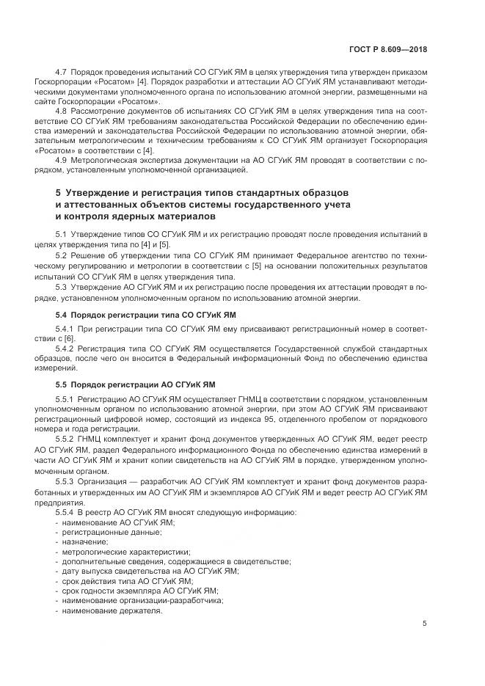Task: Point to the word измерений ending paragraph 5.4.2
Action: click(76, 369)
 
